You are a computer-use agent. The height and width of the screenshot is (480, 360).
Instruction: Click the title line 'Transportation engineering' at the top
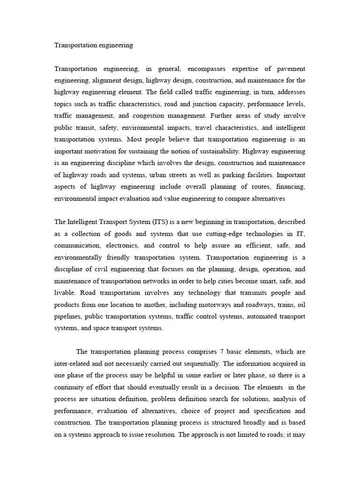click(94, 45)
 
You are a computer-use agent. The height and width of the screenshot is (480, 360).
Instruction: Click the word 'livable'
click(66, 293)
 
